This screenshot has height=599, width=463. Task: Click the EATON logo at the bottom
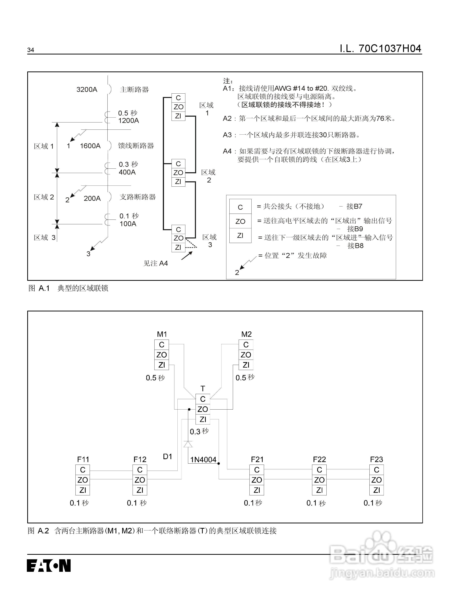(49, 565)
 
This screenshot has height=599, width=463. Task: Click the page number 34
(31, 50)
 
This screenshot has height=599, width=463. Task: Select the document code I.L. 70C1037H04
(380, 49)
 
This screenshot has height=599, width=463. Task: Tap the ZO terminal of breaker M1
(162, 355)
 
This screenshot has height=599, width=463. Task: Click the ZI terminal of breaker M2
(246, 365)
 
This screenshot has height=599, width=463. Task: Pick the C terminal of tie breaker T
(203, 399)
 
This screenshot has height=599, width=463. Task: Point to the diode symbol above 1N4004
(188, 444)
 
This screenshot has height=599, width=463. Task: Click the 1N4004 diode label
(203, 460)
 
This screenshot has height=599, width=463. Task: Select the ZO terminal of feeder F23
(376, 480)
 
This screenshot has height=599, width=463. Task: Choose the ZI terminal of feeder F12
(140, 490)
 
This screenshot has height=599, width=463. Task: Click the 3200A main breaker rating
(87, 90)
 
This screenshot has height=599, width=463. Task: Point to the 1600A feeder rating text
(90, 146)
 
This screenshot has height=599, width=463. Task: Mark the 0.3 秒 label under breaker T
(199, 431)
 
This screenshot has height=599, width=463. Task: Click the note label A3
(227, 135)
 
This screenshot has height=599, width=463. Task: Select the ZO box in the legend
(240, 221)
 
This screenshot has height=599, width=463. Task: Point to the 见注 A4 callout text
(155, 263)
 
